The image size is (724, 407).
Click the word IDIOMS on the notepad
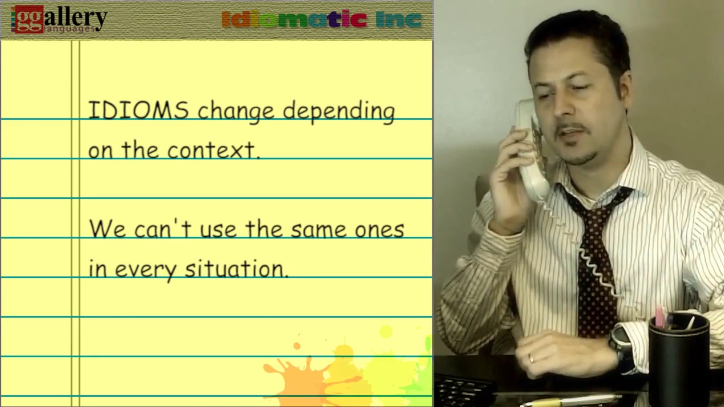point(139,110)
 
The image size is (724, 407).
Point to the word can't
point(163,229)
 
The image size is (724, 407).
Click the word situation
point(236,269)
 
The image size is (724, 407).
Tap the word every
point(146,271)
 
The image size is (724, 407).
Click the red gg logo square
point(28,19)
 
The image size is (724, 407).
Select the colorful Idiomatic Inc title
point(322,19)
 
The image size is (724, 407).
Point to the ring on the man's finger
point(531,358)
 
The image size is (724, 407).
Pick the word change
point(236,112)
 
